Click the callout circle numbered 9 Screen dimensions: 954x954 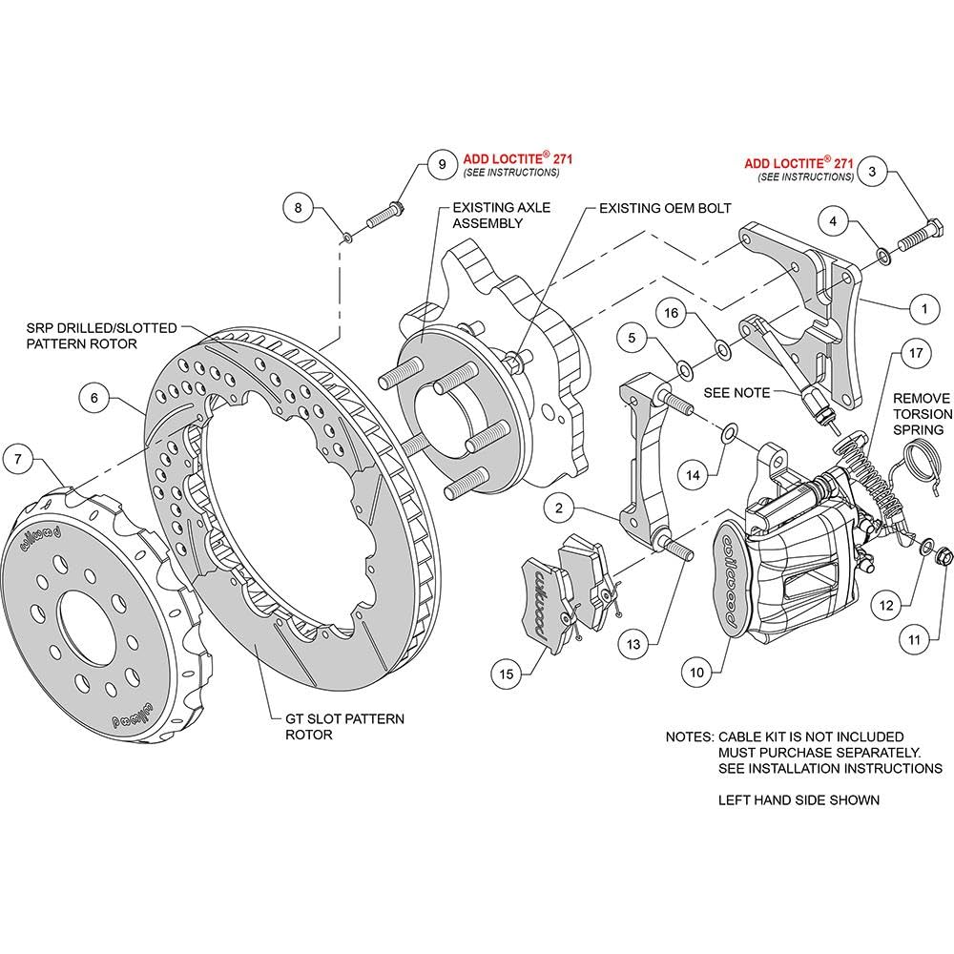click(x=443, y=164)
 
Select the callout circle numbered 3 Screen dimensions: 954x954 click(x=872, y=172)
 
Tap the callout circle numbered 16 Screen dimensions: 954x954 click(x=671, y=313)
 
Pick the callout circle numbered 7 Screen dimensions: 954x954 click(x=18, y=459)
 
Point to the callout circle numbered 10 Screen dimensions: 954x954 click(x=696, y=673)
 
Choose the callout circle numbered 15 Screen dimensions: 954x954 click(x=507, y=674)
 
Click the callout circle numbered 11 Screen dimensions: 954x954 click(x=915, y=640)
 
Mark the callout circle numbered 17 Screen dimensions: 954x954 click(x=916, y=353)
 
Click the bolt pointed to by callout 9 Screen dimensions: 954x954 click(x=385, y=215)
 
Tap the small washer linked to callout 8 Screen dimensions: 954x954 click(x=347, y=237)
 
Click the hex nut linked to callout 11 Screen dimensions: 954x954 click(x=943, y=554)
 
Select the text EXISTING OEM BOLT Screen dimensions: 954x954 click(x=665, y=209)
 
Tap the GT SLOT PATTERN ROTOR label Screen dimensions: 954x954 click(x=344, y=726)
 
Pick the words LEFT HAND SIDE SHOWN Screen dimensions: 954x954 click(x=798, y=800)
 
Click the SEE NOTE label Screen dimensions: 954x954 click(x=736, y=393)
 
